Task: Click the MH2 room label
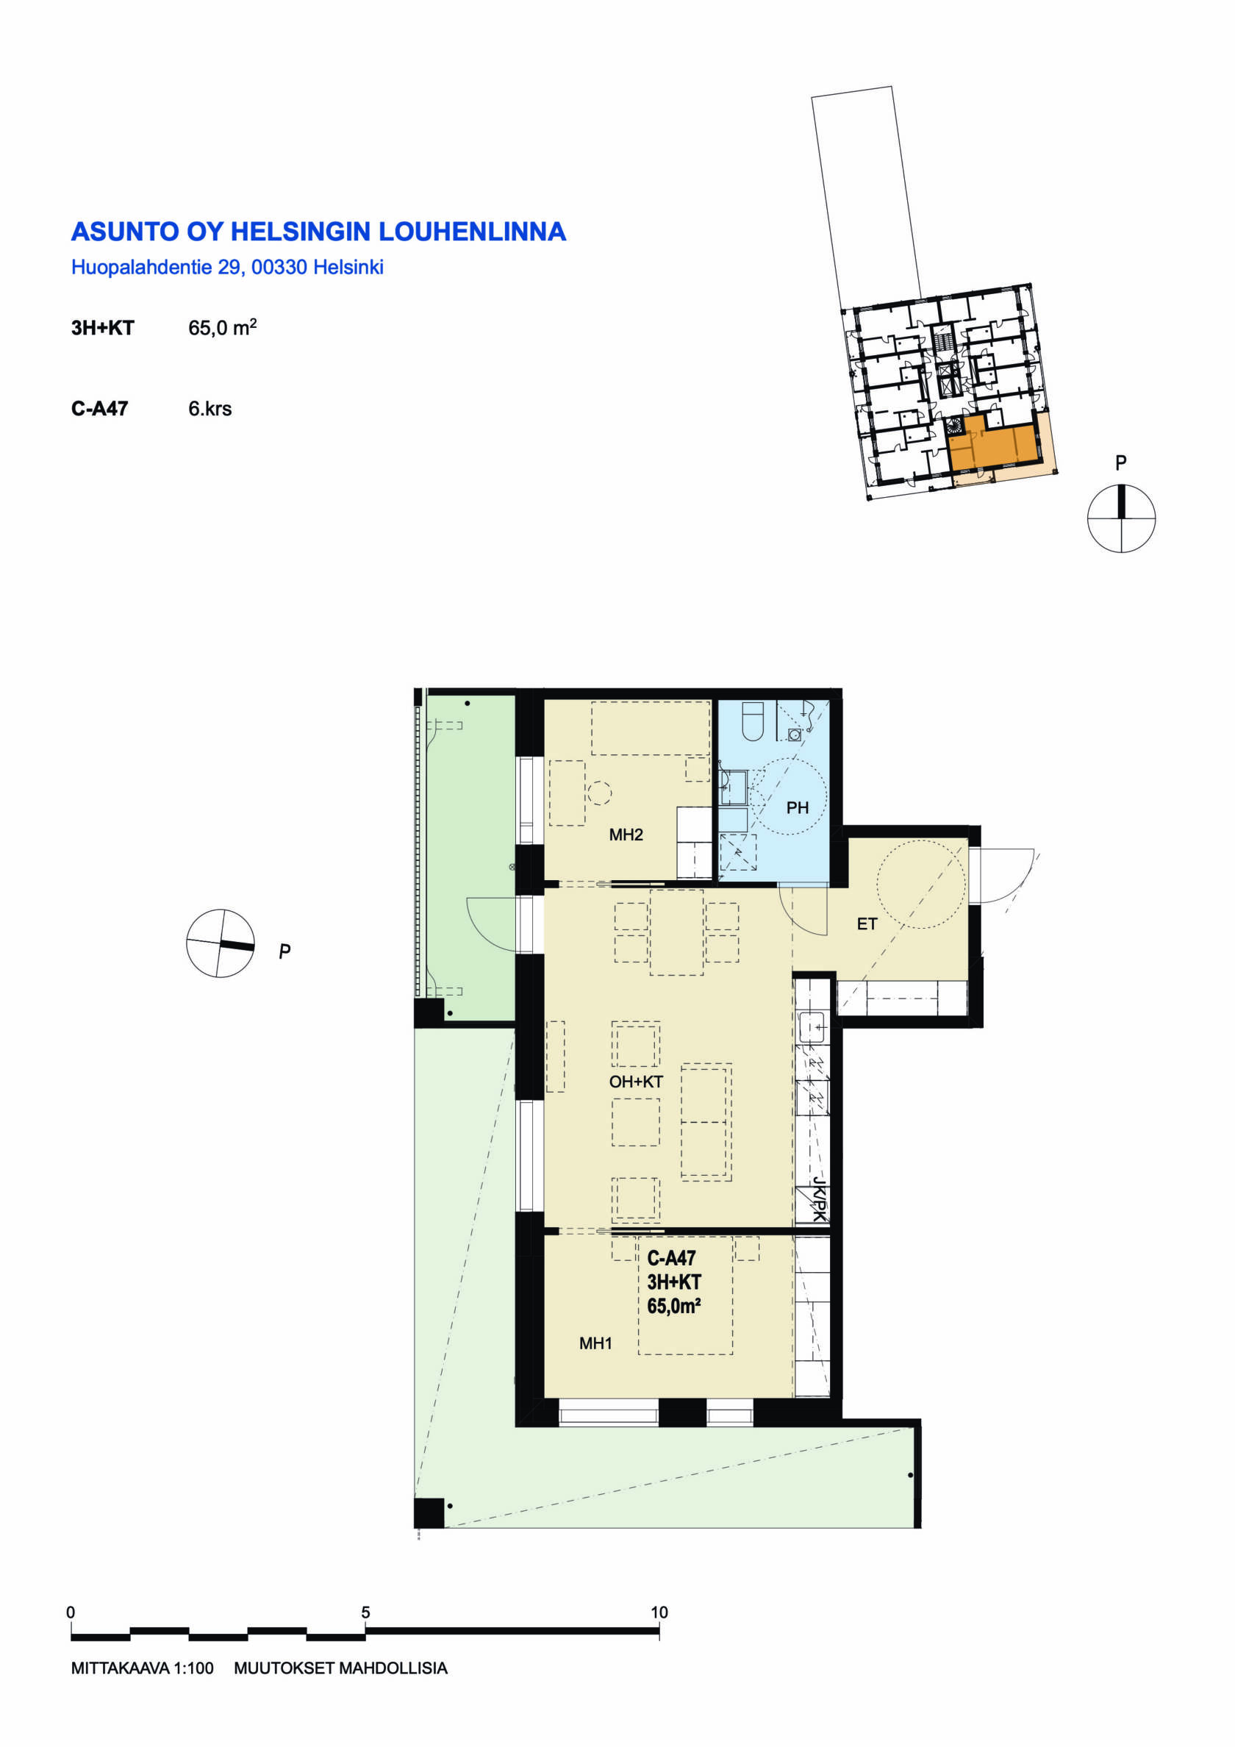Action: pos(626,835)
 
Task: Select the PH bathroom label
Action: pos(798,807)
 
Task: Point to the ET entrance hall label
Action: pos(867,923)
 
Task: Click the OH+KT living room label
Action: pos(636,1082)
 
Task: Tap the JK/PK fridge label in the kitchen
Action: pos(819,1200)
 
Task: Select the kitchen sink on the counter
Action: pos(813,1028)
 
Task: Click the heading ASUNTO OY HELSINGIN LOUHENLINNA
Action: pos(318,232)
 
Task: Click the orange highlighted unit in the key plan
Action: pos(994,447)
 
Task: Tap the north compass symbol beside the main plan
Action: pos(221,943)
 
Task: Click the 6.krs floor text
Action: pos(210,409)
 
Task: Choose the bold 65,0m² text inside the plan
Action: pos(673,1307)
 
